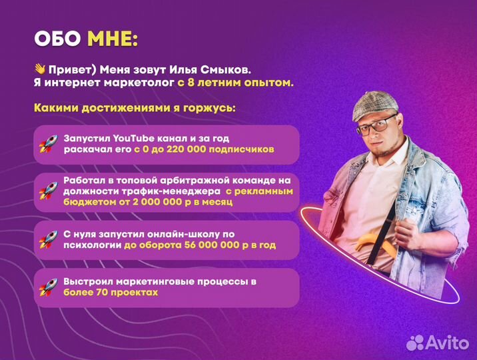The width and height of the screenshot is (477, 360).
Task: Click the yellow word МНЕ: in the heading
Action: [112, 39]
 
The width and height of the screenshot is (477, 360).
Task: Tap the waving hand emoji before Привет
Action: [40, 69]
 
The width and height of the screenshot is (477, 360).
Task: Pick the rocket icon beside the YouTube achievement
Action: [48, 143]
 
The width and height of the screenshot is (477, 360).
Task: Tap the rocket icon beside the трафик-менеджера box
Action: [48, 191]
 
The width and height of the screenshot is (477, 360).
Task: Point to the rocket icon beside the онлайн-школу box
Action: [48, 239]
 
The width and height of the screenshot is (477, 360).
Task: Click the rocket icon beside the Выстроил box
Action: [48, 287]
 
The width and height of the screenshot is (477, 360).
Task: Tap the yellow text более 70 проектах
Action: [111, 293]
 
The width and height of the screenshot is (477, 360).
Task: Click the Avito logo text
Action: [448, 342]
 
